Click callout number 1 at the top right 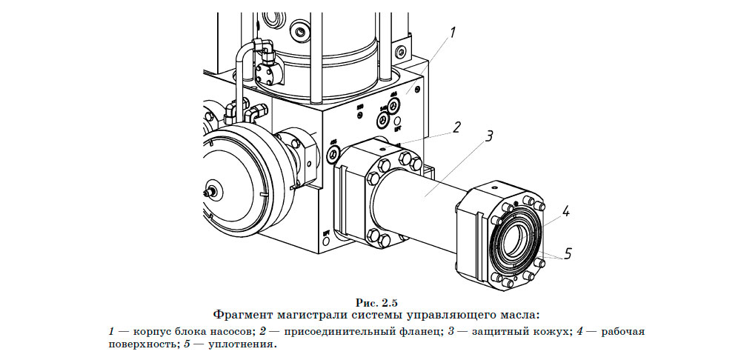tap(452, 32)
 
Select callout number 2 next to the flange tap(457, 126)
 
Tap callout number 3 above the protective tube tap(489, 136)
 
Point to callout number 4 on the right tap(565, 212)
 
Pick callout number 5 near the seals tap(568, 253)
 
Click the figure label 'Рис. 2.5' tap(377, 301)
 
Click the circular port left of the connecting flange tap(333, 154)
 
